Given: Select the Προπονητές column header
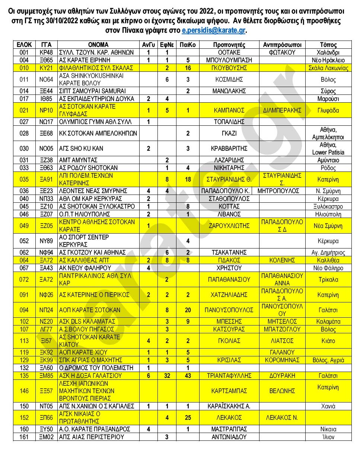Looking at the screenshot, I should click(x=229, y=45).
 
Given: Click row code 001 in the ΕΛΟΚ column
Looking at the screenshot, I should click(x=24, y=52).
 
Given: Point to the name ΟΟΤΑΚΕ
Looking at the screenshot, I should click(x=229, y=52).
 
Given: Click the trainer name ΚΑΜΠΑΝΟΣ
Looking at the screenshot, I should click(x=229, y=110).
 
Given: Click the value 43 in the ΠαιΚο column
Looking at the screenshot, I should click(x=188, y=376).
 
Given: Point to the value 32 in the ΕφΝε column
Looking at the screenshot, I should click(x=167, y=376).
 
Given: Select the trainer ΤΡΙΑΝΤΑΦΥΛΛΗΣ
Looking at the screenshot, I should click(x=229, y=376).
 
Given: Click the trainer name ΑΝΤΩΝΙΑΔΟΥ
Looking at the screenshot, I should click(x=229, y=437).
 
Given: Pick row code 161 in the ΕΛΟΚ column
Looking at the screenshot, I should click(x=24, y=437).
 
